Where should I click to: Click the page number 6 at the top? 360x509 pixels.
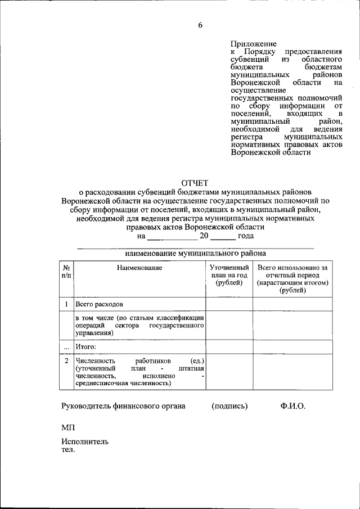[200, 24]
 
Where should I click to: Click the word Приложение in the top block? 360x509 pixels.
[254, 43]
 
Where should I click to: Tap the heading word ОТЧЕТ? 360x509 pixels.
[194, 182]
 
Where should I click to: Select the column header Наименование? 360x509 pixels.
[139, 268]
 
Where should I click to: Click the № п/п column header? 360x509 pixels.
[66, 272]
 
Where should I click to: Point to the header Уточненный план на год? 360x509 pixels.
[228, 275]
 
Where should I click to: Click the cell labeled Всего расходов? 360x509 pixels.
[99, 304]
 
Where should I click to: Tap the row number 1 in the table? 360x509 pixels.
[66, 304]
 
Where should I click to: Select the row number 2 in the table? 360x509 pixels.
[66, 360]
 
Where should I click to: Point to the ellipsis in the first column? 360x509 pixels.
[66, 347]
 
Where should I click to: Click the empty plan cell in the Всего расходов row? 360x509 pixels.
[228, 304]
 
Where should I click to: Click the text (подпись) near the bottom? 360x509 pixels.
[229, 406]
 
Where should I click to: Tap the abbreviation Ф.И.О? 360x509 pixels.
[292, 406]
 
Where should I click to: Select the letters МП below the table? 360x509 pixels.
[67, 428]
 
